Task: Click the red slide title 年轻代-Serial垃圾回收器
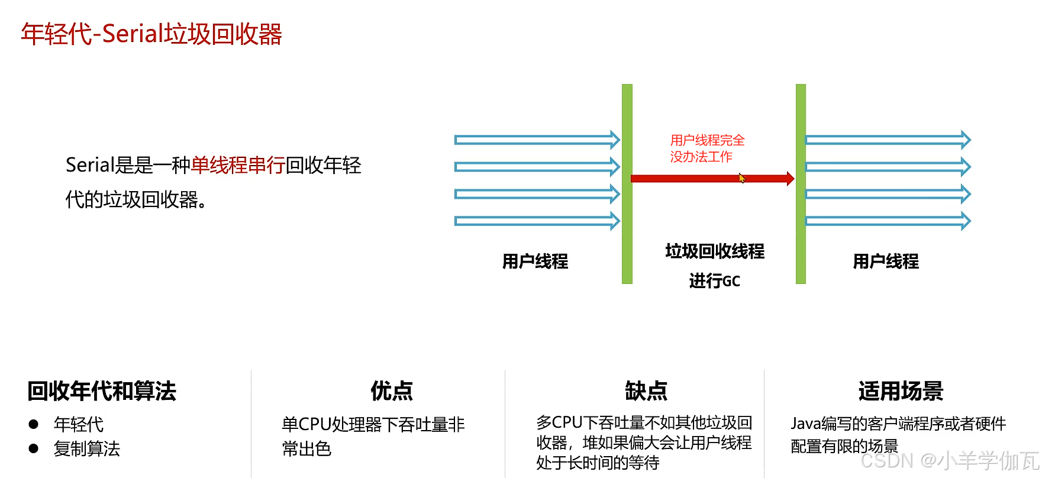click(x=151, y=34)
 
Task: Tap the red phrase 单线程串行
click(x=238, y=165)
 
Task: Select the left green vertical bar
click(x=627, y=183)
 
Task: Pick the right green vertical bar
click(x=801, y=183)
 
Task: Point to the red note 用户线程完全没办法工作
click(x=707, y=148)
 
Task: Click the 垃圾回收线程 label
click(x=715, y=251)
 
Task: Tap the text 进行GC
click(x=715, y=281)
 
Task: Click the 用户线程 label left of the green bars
click(x=535, y=261)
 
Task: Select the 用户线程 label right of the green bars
click(x=886, y=261)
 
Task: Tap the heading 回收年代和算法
click(x=102, y=391)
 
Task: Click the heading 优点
click(x=392, y=391)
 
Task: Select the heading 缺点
click(x=646, y=391)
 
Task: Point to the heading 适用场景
click(x=901, y=391)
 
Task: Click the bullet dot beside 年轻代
click(x=34, y=424)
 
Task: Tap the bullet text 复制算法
click(x=87, y=449)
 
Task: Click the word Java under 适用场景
click(x=805, y=424)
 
